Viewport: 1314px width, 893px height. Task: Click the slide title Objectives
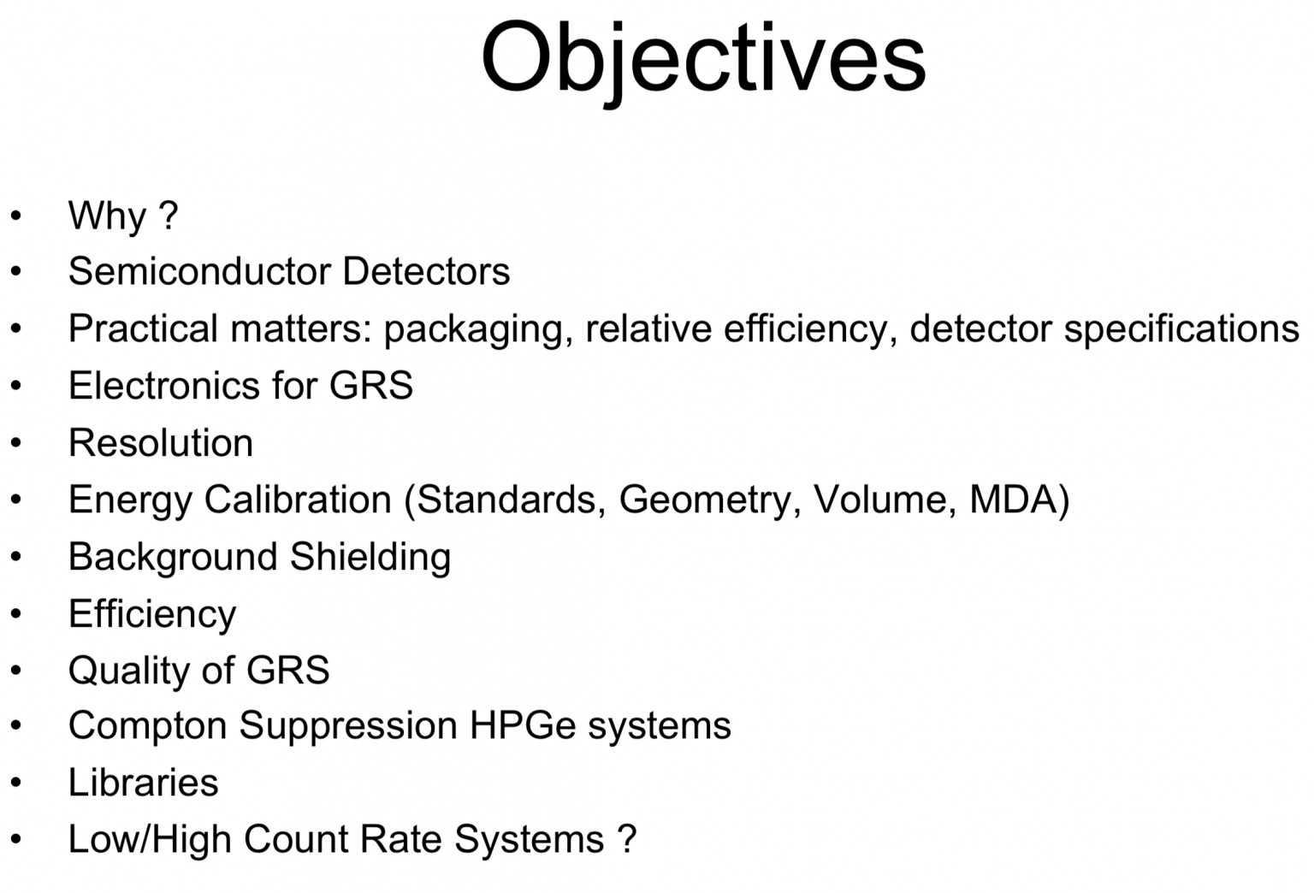[703, 58]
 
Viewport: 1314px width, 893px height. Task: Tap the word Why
[107, 216]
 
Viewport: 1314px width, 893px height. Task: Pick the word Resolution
[161, 443]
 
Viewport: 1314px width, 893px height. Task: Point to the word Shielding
[370, 558]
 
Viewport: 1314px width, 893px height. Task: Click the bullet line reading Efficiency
[152, 615]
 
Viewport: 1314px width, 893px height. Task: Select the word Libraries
[144, 783]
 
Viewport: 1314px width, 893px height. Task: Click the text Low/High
[150, 840]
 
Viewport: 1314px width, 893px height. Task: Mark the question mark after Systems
[627, 839]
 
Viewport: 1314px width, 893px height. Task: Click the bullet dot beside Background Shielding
[16, 558]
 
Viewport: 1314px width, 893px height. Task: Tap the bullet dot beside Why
[16, 216]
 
